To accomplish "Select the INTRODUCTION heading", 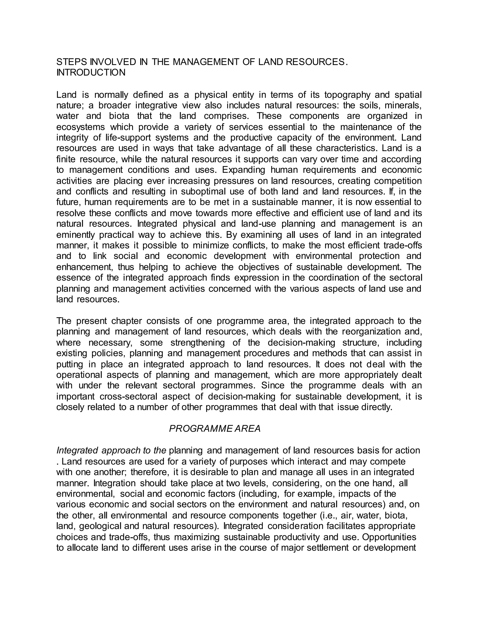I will (91, 73).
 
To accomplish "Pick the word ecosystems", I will (81, 127).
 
